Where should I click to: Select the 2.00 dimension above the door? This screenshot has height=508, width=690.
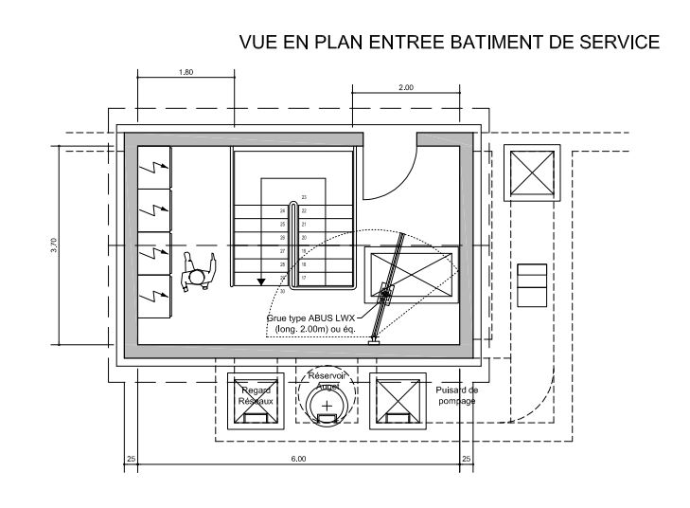tap(405, 87)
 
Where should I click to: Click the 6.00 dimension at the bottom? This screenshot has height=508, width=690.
tap(298, 460)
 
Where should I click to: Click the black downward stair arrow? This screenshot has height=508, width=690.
tap(260, 280)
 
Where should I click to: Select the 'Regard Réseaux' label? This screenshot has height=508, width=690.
tap(257, 395)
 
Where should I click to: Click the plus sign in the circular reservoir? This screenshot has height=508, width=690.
tap(327, 406)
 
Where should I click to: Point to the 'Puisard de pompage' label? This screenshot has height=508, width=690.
tap(457, 395)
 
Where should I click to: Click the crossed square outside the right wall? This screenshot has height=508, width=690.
tap(531, 172)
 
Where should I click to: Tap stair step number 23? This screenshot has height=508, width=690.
tap(304, 197)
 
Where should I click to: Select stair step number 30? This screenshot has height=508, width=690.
tap(282, 278)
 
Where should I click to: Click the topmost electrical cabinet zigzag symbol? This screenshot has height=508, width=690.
tap(154, 167)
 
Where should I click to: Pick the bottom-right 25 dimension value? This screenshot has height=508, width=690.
tap(466, 460)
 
